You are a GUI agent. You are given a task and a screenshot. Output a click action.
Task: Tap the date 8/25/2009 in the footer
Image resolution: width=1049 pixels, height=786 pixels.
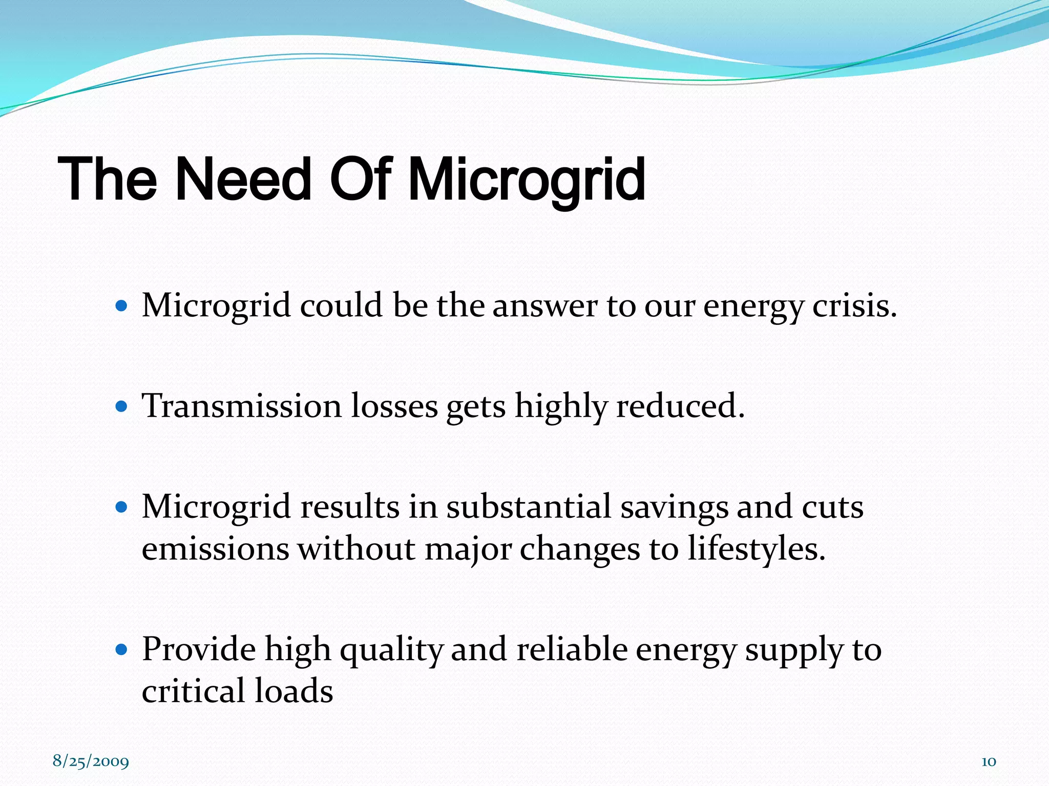(x=91, y=761)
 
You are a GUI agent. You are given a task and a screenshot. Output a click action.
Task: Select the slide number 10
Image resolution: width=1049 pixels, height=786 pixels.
(x=988, y=761)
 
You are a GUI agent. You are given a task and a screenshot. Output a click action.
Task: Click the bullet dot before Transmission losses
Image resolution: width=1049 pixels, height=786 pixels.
(x=121, y=407)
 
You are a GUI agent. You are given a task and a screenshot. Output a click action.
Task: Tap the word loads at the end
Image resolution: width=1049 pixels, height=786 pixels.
(x=293, y=691)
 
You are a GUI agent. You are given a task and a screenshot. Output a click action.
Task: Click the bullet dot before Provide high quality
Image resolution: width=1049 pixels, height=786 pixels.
(x=121, y=650)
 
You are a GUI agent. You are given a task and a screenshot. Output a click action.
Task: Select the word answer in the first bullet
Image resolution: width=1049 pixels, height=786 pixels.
(x=544, y=307)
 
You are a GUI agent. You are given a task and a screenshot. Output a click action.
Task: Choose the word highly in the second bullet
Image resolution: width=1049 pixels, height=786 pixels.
(x=561, y=407)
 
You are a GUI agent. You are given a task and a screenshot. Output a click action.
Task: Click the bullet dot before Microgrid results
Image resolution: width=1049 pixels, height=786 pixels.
(x=121, y=508)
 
